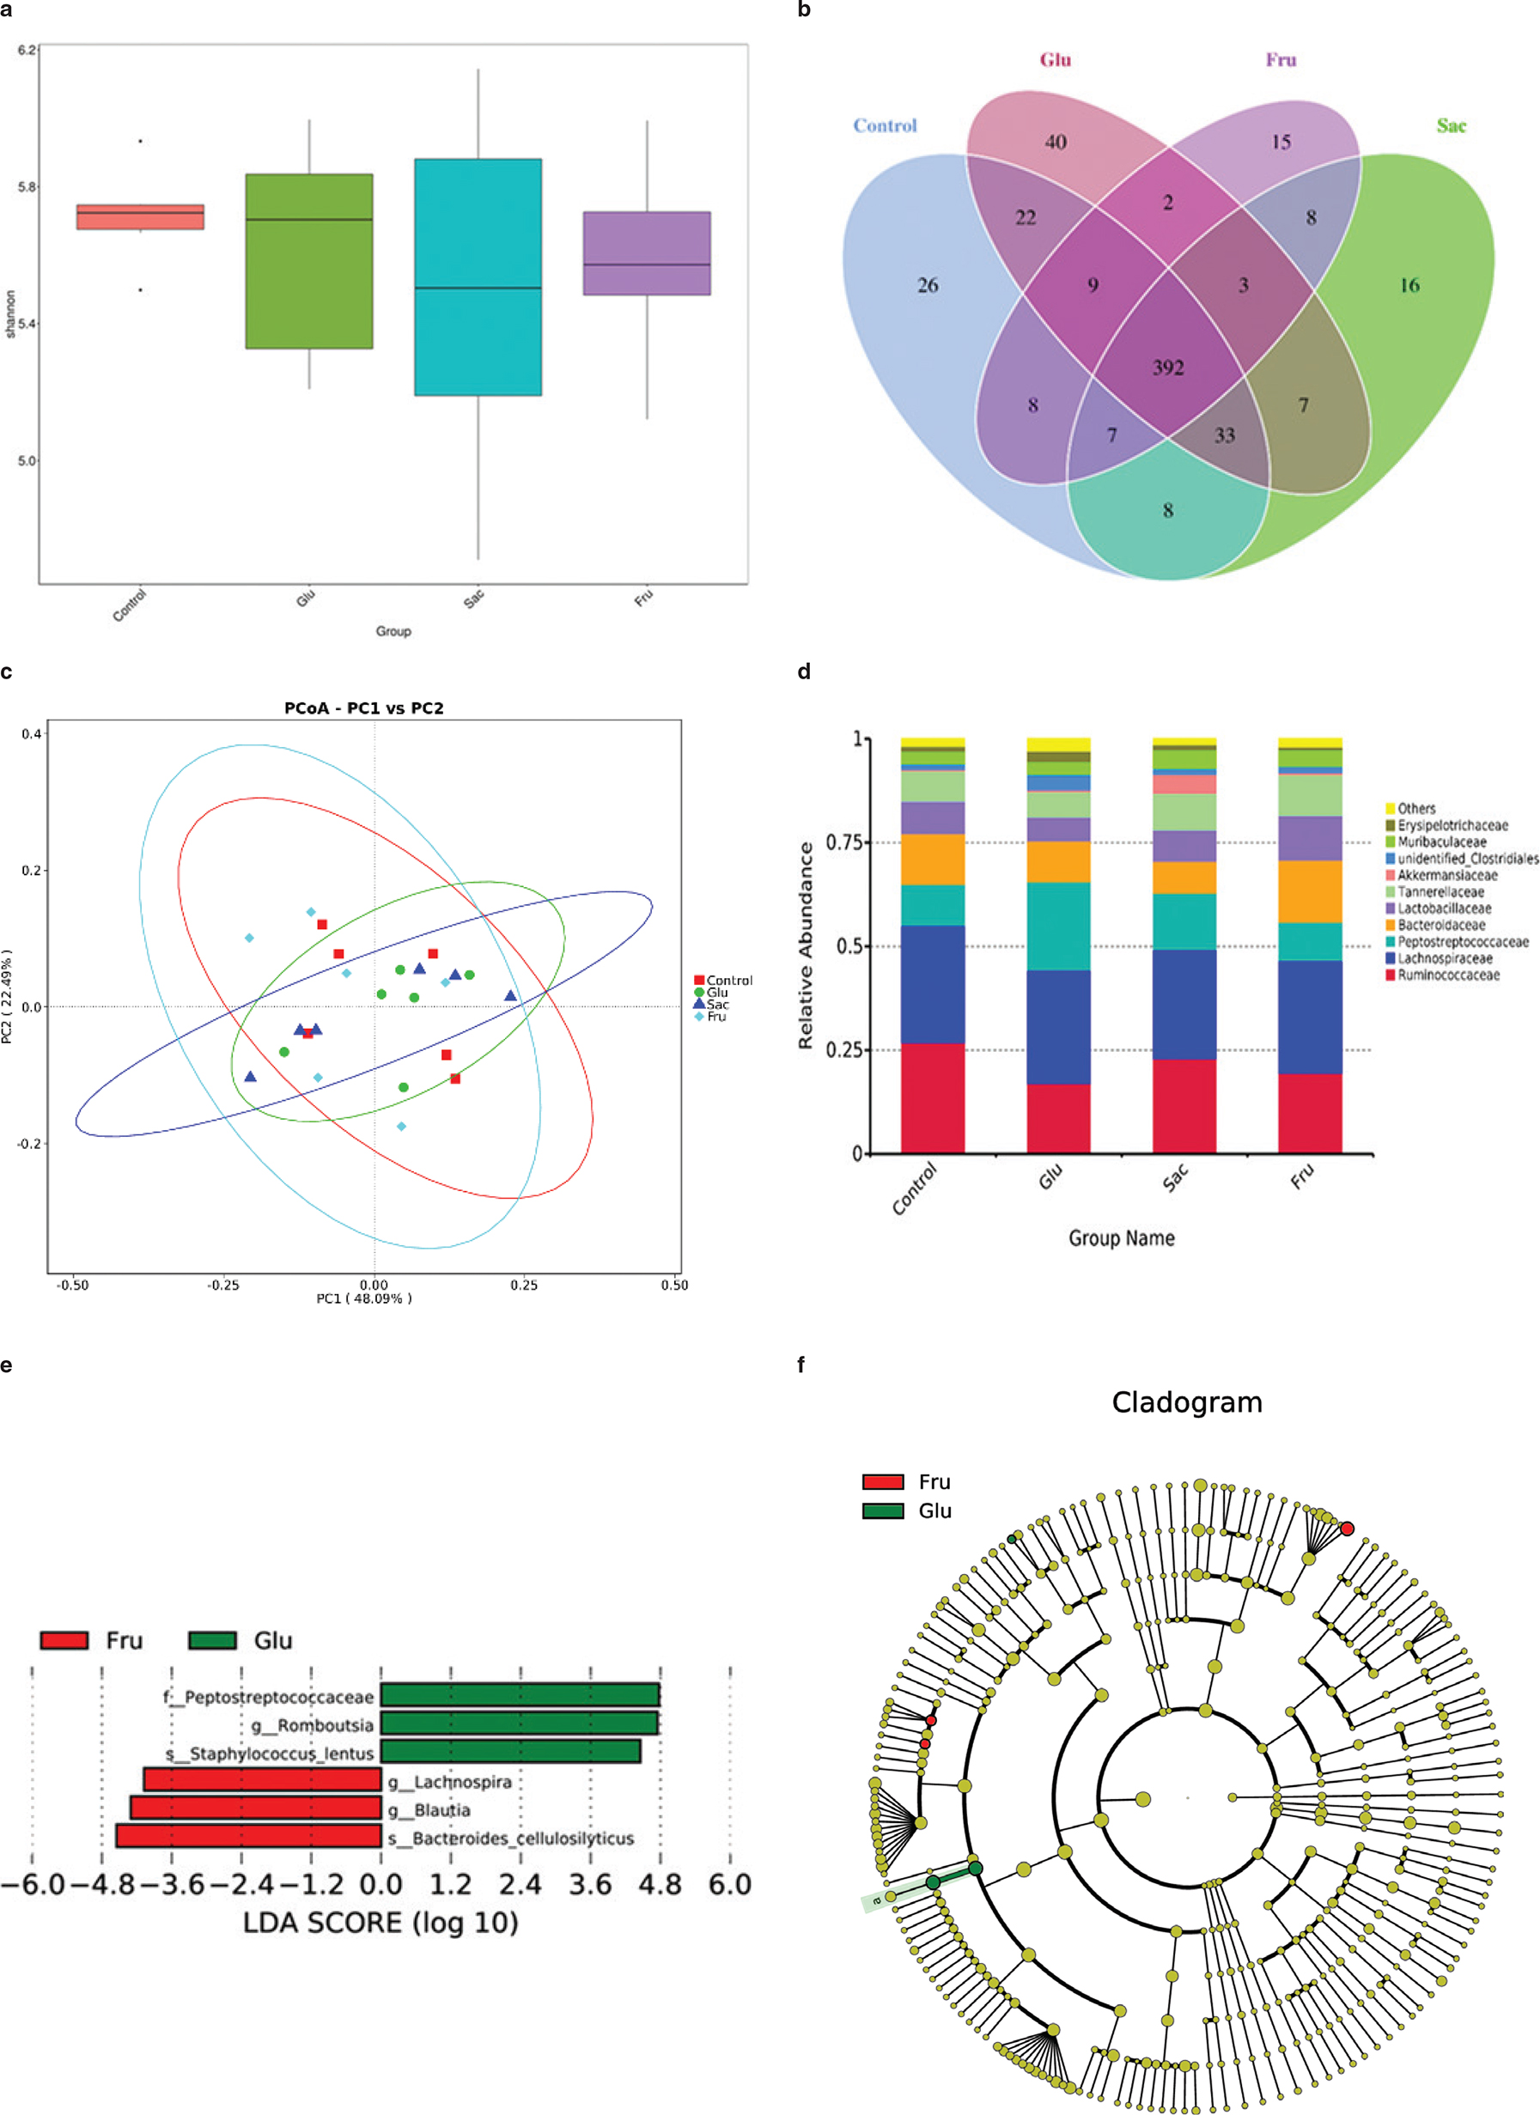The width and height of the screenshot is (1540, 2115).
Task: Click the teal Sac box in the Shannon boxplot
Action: tap(478, 277)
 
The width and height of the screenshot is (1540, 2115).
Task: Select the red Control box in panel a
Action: tap(140, 216)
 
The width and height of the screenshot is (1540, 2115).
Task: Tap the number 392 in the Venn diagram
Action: tap(1168, 368)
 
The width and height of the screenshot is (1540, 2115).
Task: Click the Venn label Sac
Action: tap(1451, 126)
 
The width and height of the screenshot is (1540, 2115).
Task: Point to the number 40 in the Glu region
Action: tap(1055, 142)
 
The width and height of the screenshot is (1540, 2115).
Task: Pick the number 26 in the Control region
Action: tap(927, 285)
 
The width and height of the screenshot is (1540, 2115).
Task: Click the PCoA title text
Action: tap(364, 708)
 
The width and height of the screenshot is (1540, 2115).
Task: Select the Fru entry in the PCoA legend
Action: tap(715, 1017)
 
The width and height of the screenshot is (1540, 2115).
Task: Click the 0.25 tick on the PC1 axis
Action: tap(523, 1285)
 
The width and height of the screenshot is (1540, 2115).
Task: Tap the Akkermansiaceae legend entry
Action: tap(1446, 875)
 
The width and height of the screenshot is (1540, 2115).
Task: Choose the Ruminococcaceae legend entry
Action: tap(1447, 975)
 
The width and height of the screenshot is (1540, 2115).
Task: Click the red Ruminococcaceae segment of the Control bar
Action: tap(932, 1097)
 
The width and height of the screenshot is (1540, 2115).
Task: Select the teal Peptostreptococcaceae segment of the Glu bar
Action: tap(1058, 926)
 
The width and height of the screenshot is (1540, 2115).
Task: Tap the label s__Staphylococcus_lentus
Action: tap(270, 1753)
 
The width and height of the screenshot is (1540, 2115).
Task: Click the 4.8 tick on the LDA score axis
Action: tap(660, 1885)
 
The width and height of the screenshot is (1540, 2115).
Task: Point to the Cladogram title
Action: tap(1186, 1402)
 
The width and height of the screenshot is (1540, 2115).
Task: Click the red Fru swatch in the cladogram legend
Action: tap(882, 1482)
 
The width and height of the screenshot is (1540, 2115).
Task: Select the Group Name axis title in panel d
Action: tap(1121, 1238)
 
